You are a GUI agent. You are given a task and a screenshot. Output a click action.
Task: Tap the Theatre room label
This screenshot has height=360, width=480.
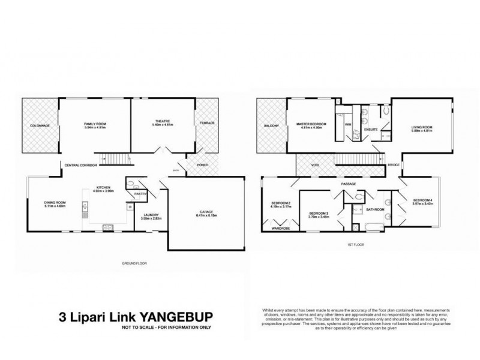(x=160, y=123)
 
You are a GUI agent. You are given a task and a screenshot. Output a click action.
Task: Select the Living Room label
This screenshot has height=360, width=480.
(x=421, y=127)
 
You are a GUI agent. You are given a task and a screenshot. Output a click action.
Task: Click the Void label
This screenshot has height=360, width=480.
(x=314, y=165)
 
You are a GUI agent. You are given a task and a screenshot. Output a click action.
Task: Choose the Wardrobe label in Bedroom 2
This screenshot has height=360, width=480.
(x=281, y=229)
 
